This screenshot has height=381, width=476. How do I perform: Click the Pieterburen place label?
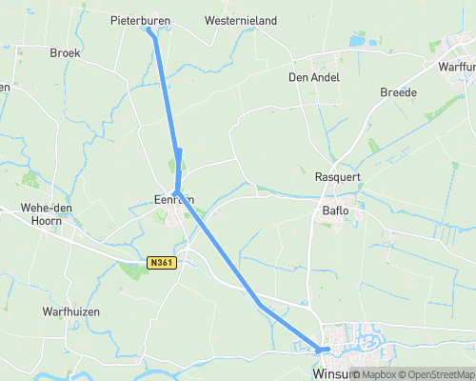click(x=139, y=19)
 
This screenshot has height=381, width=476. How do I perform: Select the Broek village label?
click(x=65, y=53)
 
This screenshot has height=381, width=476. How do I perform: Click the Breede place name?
click(x=398, y=92)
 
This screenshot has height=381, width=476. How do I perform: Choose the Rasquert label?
click(x=336, y=176)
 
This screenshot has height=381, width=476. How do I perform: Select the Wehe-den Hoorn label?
click(x=41, y=213)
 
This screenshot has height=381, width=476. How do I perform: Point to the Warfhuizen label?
click(x=71, y=311)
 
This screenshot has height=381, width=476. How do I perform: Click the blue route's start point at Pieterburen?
click(x=149, y=30)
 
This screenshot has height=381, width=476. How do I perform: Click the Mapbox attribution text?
click(x=377, y=374)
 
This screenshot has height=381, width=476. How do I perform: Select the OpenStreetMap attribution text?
click(x=438, y=374)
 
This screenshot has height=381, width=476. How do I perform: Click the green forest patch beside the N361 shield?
click(x=133, y=271)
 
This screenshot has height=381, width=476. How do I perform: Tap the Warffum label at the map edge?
click(x=456, y=67)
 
